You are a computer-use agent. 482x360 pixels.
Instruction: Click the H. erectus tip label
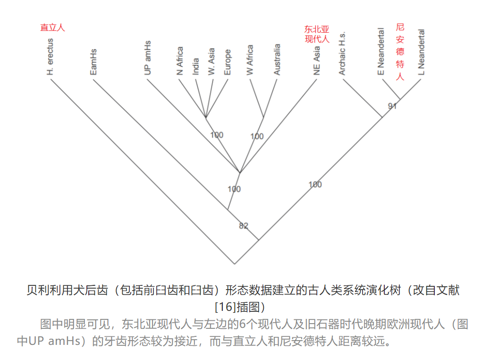51,57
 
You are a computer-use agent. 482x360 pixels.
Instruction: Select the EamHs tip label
93,61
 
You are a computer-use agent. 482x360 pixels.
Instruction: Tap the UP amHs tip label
148,58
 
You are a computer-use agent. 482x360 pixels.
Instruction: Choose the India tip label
196,66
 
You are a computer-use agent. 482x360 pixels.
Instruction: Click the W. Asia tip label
211,61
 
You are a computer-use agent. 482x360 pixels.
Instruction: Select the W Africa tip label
250,60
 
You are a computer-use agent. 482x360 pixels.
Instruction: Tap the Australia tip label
277,60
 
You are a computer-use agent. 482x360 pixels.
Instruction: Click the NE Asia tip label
317,60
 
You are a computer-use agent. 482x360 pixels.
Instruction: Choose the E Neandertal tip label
381,51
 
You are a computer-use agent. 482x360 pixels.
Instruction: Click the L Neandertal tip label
421,52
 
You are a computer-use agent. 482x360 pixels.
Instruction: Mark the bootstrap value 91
392,106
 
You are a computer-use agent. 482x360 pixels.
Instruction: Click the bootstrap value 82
244,226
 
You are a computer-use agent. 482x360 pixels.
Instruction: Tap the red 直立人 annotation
52,27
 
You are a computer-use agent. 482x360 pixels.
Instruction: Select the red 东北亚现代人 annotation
317,34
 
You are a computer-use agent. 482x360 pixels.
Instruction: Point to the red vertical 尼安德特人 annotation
400,52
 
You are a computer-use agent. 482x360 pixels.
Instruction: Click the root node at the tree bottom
234,264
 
